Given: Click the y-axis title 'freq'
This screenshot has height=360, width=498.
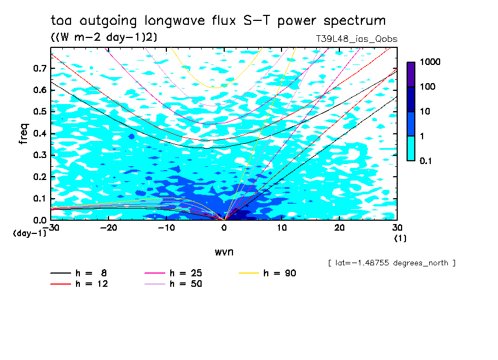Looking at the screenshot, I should pyautogui.click(x=23, y=134).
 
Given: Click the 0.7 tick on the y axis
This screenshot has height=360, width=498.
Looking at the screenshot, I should pyautogui.click(x=39, y=68).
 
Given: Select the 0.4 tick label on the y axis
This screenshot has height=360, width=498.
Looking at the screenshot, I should pyautogui.click(x=39, y=134).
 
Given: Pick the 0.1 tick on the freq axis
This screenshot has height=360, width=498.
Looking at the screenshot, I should pyautogui.click(x=39, y=199).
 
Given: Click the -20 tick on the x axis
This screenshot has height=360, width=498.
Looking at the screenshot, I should pyautogui.click(x=109, y=228).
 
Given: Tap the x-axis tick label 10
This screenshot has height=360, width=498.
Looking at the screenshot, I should pyautogui.click(x=282, y=228).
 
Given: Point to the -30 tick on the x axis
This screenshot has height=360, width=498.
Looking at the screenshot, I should pyautogui.click(x=51, y=228).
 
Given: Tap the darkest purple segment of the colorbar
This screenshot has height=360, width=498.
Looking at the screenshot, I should pyautogui.click(x=411, y=74).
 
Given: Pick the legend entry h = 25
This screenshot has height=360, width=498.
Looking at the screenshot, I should pyautogui.click(x=172, y=273).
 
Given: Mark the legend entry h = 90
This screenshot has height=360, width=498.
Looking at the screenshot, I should pyautogui.click(x=268, y=273).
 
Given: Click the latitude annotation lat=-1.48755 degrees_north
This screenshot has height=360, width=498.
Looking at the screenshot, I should pyautogui.click(x=391, y=263).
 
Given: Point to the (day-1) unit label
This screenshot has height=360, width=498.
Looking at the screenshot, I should pyautogui.click(x=30, y=233).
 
